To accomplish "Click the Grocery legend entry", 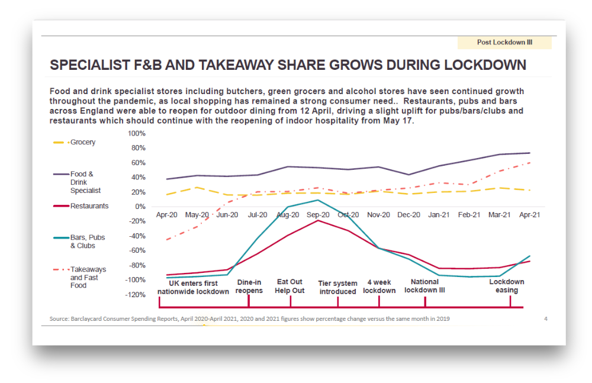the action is pos(75,142).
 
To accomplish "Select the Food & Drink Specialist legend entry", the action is pos(77,182).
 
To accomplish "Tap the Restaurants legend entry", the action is pos(81,206).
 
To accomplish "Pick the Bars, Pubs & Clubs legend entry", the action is pos(79,242).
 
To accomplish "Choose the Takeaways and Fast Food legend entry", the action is pos(80,277).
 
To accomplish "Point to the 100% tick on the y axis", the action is pos(136,133).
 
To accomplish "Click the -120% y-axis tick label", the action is pos(135,295).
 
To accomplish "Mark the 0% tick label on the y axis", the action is pos(140,207).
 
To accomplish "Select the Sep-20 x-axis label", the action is pos(318,214).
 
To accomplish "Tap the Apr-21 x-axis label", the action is pos(529,214).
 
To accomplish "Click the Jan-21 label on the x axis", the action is pos(439,214).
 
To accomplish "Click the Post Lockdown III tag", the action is pos(504,42).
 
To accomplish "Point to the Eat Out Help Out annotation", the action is pos(289,286).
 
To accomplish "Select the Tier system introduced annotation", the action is pos(337,287).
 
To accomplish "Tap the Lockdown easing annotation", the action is pos(507,286).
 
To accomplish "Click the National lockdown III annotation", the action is pos(424,286).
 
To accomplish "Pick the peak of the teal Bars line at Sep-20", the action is pos(318,200).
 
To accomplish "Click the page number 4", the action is pos(546,319).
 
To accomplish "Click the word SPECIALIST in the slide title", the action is pos(90,65).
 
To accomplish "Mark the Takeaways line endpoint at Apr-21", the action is pos(530,163).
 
